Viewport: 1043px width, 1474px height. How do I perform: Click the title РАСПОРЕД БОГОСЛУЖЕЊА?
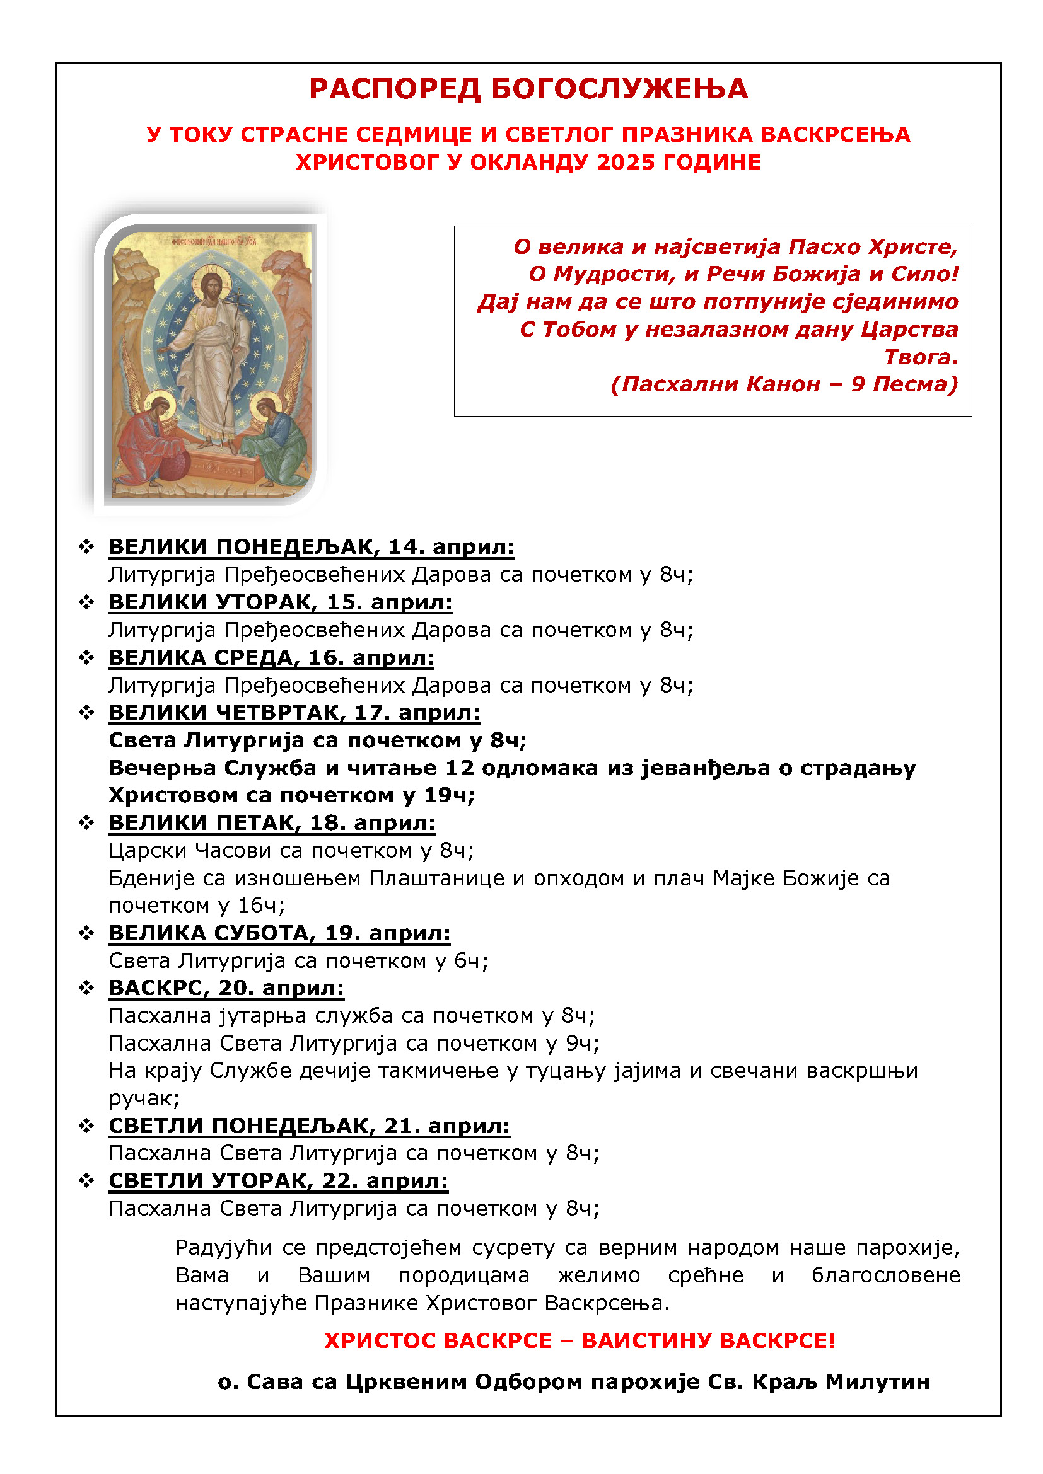click(x=528, y=89)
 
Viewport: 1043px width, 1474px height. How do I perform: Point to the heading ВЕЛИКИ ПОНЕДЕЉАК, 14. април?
click(x=312, y=546)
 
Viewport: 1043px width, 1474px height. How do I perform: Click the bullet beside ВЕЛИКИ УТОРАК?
click(x=86, y=602)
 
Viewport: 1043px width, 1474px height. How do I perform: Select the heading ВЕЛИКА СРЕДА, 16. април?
click(x=272, y=657)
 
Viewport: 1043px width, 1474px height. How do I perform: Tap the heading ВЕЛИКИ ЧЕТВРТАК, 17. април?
click(x=294, y=713)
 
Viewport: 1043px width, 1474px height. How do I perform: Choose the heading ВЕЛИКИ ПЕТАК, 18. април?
click(x=272, y=823)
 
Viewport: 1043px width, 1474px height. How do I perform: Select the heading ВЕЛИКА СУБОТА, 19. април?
click(x=279, y=933)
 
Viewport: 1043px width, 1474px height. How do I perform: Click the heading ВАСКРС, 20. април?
click(x=226, y=988)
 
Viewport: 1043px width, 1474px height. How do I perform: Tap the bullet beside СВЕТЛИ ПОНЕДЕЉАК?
click(x=86, y=1126)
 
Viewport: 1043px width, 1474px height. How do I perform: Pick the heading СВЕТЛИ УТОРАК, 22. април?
click(x=278, y=1180)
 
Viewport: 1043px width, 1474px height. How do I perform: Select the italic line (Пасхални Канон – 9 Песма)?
click(x=784, y=384)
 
